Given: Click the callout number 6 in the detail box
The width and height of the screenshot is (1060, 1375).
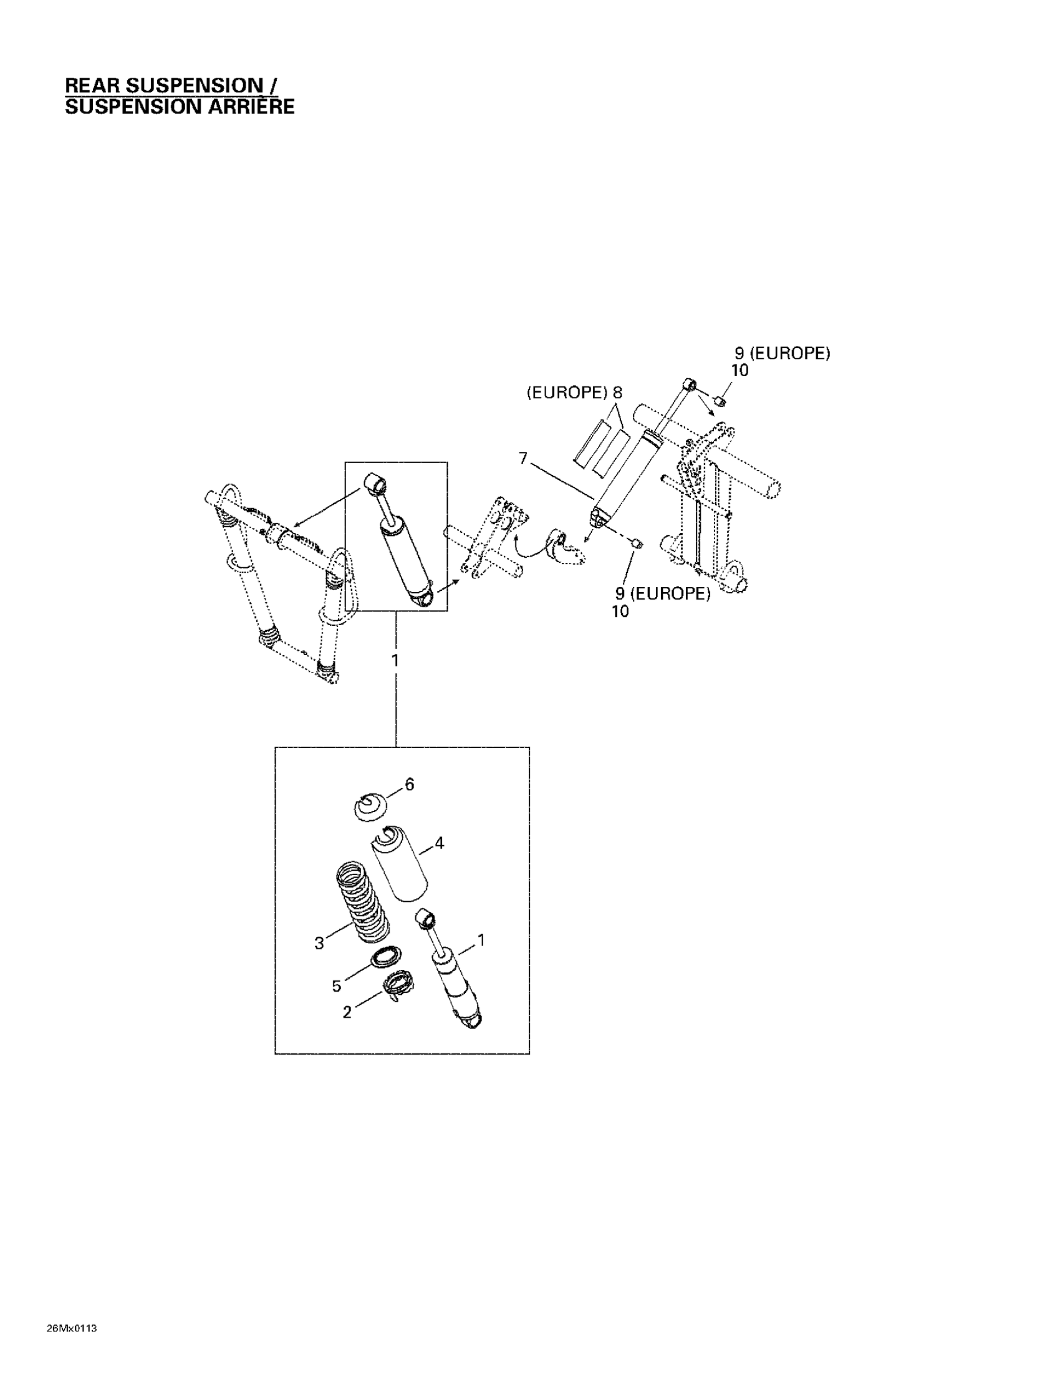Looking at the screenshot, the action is click(410, 785).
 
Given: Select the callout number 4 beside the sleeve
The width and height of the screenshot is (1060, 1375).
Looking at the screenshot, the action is click(439, 843).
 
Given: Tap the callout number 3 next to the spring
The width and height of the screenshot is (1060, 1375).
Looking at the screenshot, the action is click(319, 943).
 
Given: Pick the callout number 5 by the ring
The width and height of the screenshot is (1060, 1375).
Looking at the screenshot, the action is click(337, 986).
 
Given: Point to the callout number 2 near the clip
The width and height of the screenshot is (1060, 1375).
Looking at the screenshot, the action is click(347, 1012).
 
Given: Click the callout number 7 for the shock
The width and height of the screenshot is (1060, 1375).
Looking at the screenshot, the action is click(523, 458).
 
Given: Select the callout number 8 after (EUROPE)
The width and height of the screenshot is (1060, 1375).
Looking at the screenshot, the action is click(617, 393).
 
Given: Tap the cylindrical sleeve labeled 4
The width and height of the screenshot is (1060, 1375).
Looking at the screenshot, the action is click(398, 865).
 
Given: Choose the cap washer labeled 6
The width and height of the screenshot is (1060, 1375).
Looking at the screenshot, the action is click(370, 806).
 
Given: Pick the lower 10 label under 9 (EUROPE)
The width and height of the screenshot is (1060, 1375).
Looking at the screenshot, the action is click(620, 611).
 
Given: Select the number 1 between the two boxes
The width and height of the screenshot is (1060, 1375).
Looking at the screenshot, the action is click(395, 661).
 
